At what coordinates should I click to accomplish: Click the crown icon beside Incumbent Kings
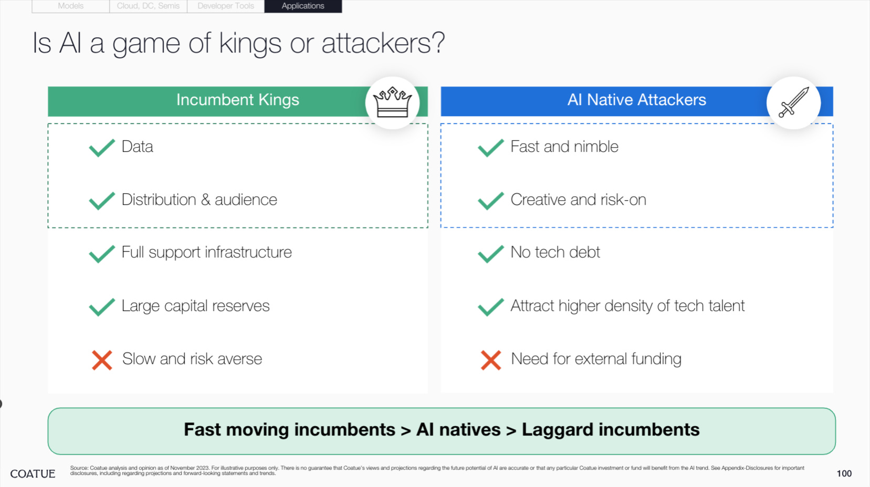click(x=392, y=102)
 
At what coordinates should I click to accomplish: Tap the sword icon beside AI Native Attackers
click(x=793, y=102)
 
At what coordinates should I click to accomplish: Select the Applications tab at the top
click(x=303, y=6)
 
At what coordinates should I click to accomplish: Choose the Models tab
click(x=71, y=6)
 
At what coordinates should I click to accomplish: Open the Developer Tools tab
click(x=226, y=6)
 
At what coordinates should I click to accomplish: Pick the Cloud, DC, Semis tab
click(x=148, y=6)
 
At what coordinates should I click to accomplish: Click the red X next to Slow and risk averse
click(x=102, y=360)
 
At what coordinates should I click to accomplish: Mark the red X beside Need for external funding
click(x=491, y=360)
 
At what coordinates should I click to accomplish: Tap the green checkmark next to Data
click(x=102, y=148)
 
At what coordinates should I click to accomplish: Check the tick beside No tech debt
click(x=491, y=254)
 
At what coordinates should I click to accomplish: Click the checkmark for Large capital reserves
click(x=102, y=307)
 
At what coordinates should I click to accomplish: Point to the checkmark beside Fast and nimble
click(x=491, y=148)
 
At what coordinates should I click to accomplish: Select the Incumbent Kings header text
click(x=237, y=100)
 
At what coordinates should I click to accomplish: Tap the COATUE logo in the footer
click(x=33, y=474)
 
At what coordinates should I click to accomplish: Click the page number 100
click(x=844, y=473)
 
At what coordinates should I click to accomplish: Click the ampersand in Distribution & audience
click(x=205, y=200)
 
